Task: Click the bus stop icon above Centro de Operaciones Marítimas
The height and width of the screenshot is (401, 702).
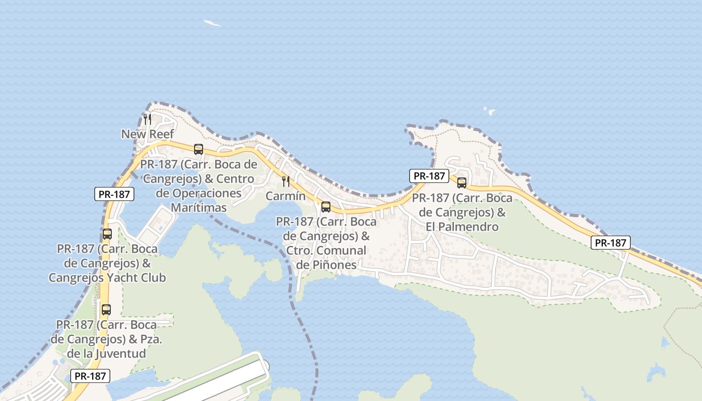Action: coord(199,149)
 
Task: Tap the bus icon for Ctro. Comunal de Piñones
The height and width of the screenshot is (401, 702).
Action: coord(326,207)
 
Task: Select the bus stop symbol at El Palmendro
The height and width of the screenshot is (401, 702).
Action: coord(462,183)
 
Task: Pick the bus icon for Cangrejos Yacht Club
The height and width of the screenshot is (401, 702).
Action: coord(107,234)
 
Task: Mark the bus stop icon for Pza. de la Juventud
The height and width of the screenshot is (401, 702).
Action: coord(106,310)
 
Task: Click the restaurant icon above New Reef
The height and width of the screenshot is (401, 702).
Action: coord(147,119)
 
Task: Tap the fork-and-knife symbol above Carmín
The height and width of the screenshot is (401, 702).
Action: coord(286,181)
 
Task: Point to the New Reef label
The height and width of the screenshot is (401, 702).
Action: coord(147,134)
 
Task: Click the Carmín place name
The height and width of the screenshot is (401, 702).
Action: coord(285,196)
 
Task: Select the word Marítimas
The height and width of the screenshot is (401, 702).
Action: coord(199,207)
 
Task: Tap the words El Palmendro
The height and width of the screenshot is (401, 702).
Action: coord(462,227)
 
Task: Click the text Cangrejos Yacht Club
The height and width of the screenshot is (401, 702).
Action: coord(107,277)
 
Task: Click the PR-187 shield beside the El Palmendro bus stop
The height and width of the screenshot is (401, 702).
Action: coord(429,176)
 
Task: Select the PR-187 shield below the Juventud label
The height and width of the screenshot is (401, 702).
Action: coord(90,376)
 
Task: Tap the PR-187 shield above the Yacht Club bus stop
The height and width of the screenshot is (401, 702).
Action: coord(114,194)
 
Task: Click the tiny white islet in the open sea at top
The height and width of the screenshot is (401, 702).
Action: coord(212,23)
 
